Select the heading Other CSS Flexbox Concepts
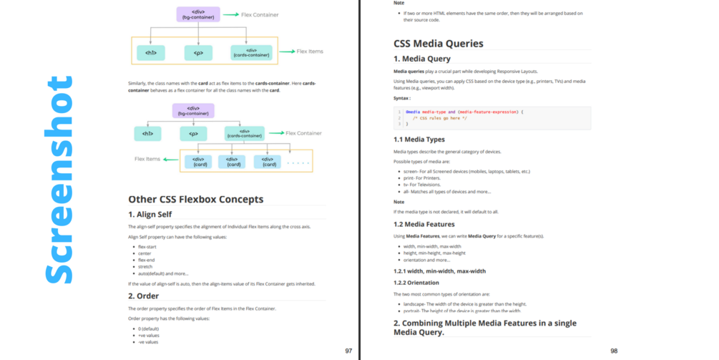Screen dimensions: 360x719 pyautogui.click(x=195, y=199)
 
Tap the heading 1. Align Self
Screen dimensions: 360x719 pyautogui.click(x=150, y=214)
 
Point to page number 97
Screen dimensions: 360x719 pyautogui.click(x=348, y=351)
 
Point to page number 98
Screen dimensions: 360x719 pyautogui.click(x=614, y=351)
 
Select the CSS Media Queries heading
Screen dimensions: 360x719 pyautogui.click(x=439, y=44)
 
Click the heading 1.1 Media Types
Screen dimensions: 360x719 pyautogui.click(x=419, y=140)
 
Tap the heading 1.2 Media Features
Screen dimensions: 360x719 pyautogui.click(x=424, y=224)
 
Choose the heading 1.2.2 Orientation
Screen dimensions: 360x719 pyautogui.click(x=416, y=283)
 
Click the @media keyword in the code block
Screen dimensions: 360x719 pyautogui.click(x=413, y=112)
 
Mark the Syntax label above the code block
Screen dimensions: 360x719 pyautogui.click(x=402, y=97)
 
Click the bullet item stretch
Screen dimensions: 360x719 pyautogui.click(x=146, y=266)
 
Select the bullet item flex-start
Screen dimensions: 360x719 pyautogui.click(x=147, y=247)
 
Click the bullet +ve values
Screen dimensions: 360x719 pyautogui.click(x=149, y=335)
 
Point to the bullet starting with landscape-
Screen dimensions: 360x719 pyautogui.click(x=464, y=304)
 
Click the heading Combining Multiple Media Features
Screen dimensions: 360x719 pyautogui.click(x=485, y=327)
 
